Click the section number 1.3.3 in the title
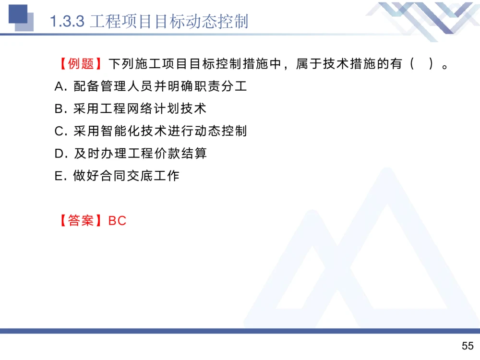68,22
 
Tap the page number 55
467,346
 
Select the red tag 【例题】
81,64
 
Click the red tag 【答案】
81,221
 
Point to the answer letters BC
118,221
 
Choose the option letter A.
60,86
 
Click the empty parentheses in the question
422,64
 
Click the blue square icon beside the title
19,17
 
